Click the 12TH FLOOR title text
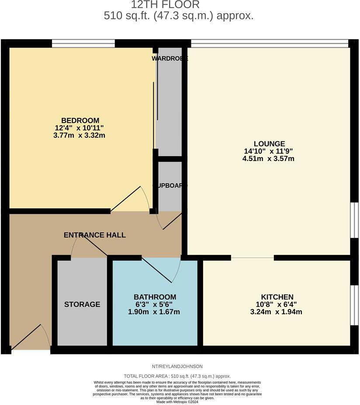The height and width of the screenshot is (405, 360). [x=165, y=5]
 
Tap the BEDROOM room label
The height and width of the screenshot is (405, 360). [x=80, y=120]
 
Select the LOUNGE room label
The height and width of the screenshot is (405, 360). [x=269, y=144]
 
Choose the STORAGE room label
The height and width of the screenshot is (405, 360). [x=82, y=304]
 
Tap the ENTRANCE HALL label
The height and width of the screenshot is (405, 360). [x=95, y=235]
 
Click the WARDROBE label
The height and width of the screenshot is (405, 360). [x=170, y=58]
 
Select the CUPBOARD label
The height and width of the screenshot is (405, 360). [x=170, y=185]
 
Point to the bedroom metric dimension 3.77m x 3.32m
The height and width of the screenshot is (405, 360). [x=80, y=136]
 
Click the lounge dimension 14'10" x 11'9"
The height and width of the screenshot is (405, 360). [x=268, y=151]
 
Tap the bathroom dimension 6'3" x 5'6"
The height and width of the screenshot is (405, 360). [x=155, y=304]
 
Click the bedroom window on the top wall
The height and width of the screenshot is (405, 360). [x=83, y=43]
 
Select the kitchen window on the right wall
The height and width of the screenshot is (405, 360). [x=354, y=305]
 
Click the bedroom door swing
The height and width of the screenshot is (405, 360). [x=130, y=200]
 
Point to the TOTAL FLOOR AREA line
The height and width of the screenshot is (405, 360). [x=177, y=376]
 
